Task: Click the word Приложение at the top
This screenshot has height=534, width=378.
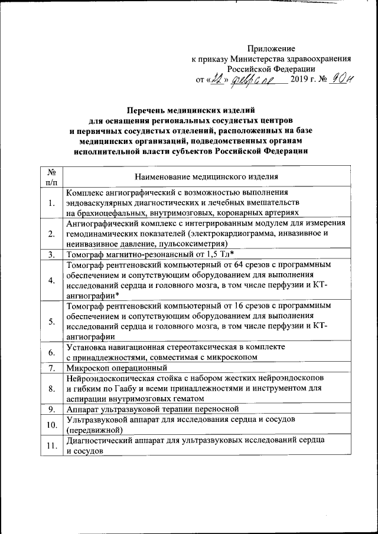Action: tap(271, 48)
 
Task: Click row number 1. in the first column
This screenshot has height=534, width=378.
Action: tap(52, 204)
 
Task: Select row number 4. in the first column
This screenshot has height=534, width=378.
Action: tap(52, 279)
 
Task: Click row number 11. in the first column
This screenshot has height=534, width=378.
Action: tap(52, 445)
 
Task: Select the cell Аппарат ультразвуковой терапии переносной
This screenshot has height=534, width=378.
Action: tap(152, 408)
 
